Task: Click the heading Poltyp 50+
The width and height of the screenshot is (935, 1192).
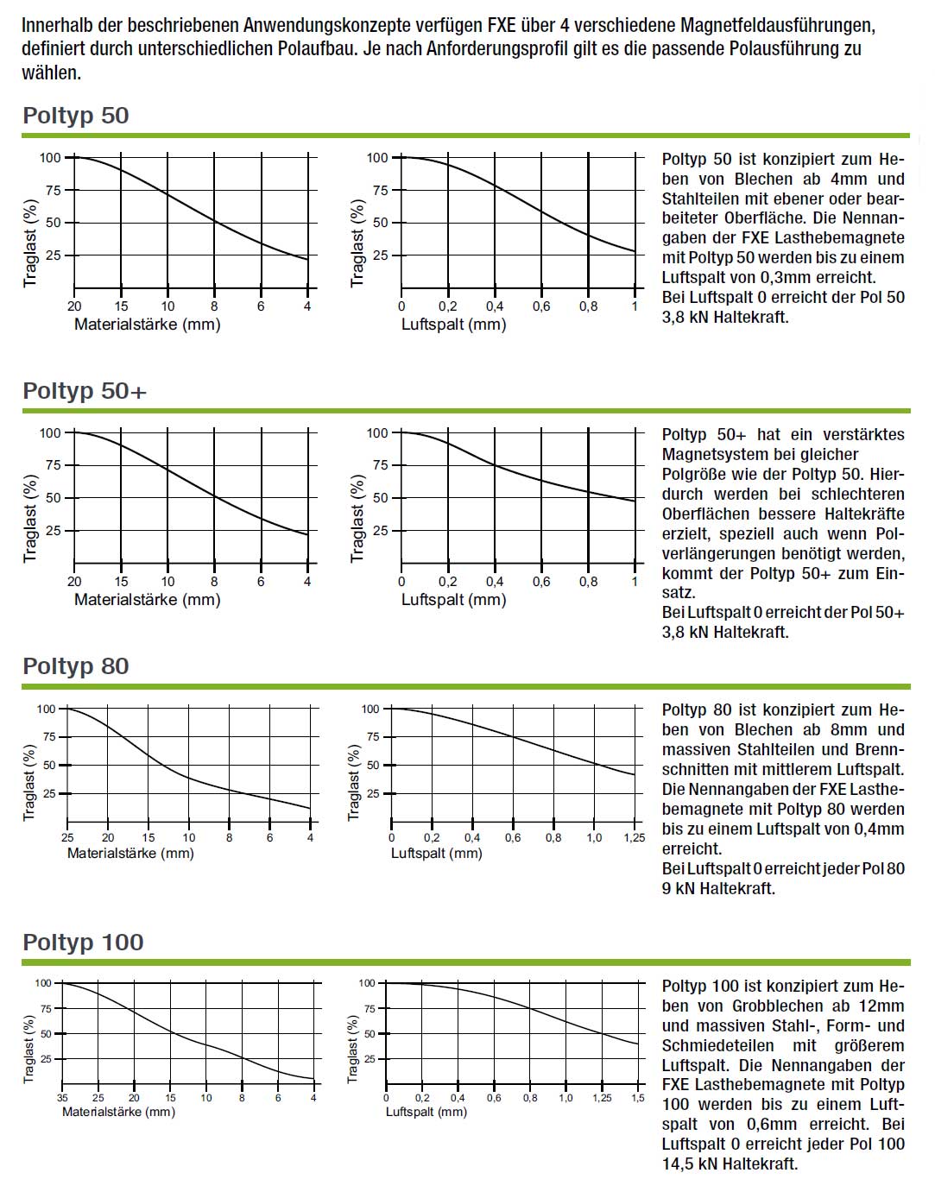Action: pyautogui.click(x=85, y=391)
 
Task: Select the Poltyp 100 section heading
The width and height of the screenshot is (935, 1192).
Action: pyautogui.click(x=83, y=943)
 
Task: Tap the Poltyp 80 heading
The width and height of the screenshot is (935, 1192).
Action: pyautogui.click(x=76, y=666)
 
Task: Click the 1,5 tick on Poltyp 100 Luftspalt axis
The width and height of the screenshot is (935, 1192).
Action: pyautogui.click(x=637, y=1098)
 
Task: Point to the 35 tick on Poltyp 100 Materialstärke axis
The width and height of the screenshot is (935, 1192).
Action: pyautogui.click(x=62, y=1098)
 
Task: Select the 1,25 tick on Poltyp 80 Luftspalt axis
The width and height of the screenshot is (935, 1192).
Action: pyautogui.click(x=635, y=837)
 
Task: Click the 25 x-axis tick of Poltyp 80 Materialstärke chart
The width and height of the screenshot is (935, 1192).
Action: pyautogui.click(x=67, y=837)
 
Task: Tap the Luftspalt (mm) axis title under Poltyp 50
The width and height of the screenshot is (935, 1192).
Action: pyautogui.click(x=453, y=325)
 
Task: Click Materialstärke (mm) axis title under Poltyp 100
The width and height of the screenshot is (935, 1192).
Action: pyautogui.click(x=118, y=1112)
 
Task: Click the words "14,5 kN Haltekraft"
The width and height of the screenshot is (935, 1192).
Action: pyautogui.click(x=730, y=1164)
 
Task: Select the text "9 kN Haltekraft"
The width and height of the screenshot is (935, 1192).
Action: pyautogui.click(x=718, y=888)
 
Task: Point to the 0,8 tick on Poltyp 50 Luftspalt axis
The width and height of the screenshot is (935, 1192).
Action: pyautogui.click(x=588, y=306)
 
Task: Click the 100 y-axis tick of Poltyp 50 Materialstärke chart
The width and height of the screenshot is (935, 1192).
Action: pyautogui.click(x=50, y=157)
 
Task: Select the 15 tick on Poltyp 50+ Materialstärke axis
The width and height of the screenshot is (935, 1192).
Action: pyautogui.click(x=121, y=582)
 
